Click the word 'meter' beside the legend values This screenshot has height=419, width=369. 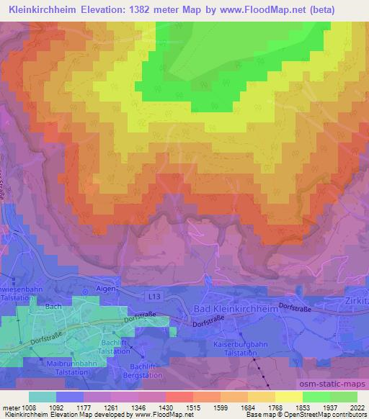coord(9,407)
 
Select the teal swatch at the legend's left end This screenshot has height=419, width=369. coord(43,396)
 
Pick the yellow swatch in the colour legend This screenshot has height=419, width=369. coord(289,396)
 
